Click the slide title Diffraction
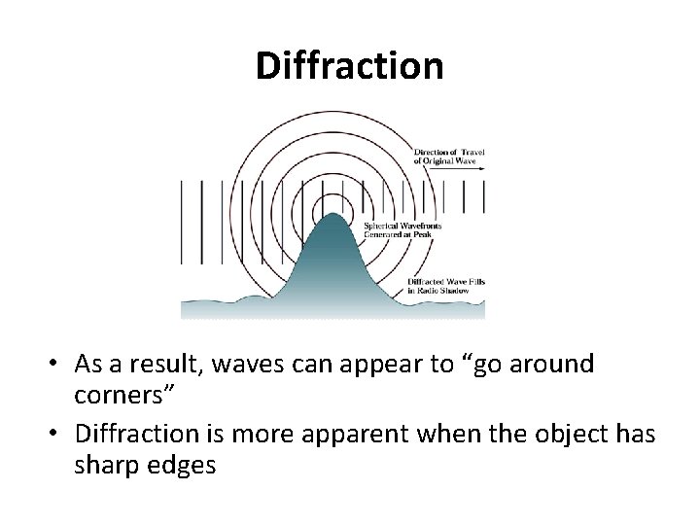pos(349,66)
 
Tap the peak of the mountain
pos(333,216)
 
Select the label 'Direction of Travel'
pos(448,153)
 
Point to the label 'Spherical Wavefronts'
pos(402,226)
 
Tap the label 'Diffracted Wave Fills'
pos(447,282)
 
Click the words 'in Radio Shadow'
pos(440,291)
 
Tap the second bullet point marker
pos(58,434)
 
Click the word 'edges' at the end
pos(182,467)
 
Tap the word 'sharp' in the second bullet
pos(105,467)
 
